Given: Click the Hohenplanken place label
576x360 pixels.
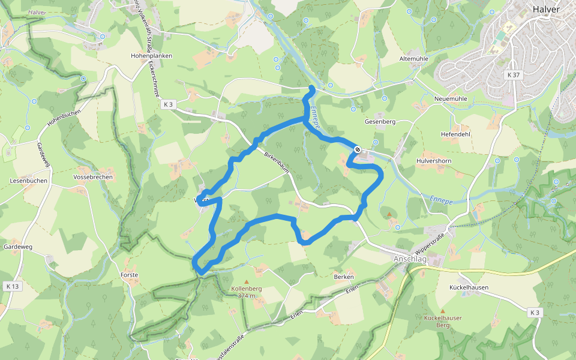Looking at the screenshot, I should point(151,56).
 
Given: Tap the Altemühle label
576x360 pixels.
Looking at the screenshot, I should point(414,59).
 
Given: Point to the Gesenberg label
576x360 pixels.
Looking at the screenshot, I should point(380,121).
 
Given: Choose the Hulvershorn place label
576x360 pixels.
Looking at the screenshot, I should point(434,161).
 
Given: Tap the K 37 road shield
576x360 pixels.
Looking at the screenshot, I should point(513,75).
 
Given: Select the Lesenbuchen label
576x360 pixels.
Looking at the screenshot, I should point(28,181).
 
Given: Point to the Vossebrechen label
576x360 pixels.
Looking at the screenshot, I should point(93,178).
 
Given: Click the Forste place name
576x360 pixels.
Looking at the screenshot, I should point(129,275).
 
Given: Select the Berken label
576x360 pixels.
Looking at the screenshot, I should point(344,277).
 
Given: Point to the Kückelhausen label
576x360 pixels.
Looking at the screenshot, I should point(469,287).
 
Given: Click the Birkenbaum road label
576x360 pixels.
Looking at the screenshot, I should point(277,162).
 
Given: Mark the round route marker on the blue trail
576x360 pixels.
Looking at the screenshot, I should point(358,149).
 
